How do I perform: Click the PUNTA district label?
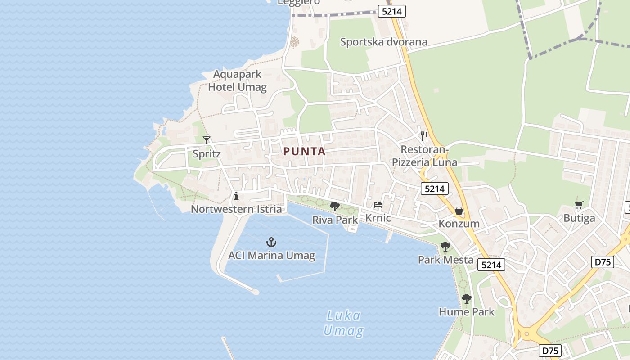tap(305, 152)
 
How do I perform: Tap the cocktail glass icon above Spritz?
tap(207, 140)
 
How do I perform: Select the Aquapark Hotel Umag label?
tap(237, 81)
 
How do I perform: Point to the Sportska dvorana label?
tap(383, 42)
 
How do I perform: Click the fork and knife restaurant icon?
tap(424, 136)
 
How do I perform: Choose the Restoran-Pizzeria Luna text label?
tap(424, 156)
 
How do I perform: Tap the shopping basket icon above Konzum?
tap(459, 211)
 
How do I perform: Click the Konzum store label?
tap(459, 224)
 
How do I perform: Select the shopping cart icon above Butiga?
tap(579, 205)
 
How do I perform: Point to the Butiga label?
tap(579, 218)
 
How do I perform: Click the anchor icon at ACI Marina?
tap(271, 243)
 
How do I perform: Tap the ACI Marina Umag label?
tap(271, 256)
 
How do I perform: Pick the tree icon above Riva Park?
tap(334, 207)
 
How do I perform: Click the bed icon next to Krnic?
tap(378, 205)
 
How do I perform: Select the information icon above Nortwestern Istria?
tap(236, 196)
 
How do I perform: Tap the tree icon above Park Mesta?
tap(445, 247)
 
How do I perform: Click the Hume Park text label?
tap(467, 311)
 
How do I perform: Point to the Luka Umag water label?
tap(343, 323)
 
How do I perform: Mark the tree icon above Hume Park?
tap(467, 298)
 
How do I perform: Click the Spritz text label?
tap(207, 154)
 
